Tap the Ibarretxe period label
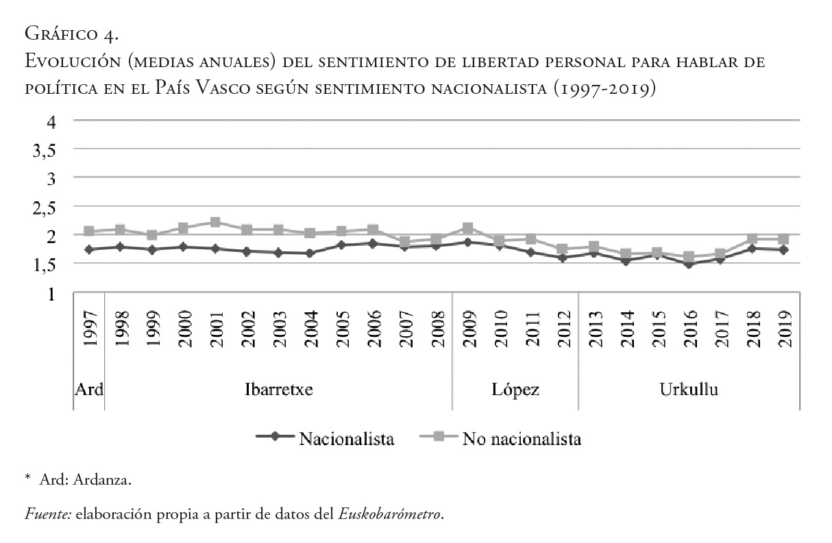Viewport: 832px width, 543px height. click(x=279, y=390)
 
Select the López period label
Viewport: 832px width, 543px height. click(x=515, y=390)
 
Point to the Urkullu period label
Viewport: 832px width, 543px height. click(x=689, y=390)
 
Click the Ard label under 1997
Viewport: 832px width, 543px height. click(x=89, y=390)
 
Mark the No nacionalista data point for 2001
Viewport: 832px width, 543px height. click(x=215, y=223)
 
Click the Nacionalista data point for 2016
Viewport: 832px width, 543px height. click(x=690, y=264)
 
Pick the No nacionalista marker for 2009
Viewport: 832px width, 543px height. click(x=468, y=228)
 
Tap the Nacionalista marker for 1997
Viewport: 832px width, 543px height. click(x=89, y=249)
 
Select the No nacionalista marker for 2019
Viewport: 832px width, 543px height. click(x=785, y=240)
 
